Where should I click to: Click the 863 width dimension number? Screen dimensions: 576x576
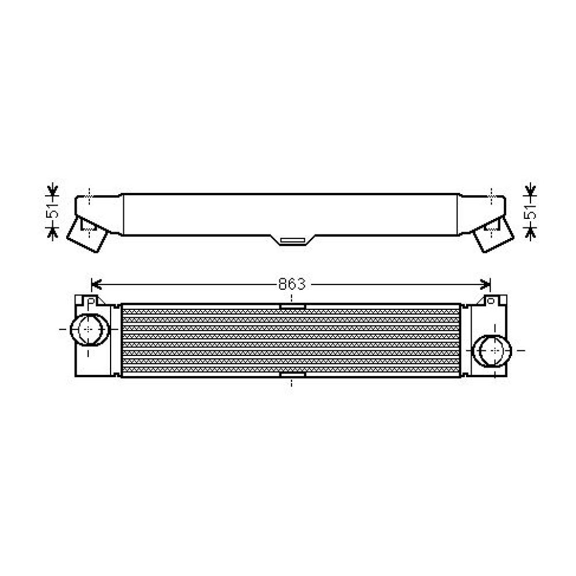click(x=291, y=284)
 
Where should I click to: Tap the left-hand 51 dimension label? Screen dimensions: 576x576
click(x=53, y=211)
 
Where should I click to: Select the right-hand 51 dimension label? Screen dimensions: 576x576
click(x=530, y=211)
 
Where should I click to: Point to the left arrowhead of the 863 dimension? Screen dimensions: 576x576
click(x=96, y=284)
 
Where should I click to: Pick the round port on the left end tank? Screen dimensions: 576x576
click(x=87, y=329)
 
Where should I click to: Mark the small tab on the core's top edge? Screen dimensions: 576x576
click(x=292, y=306)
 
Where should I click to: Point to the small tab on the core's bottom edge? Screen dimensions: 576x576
click(x=292, y=375)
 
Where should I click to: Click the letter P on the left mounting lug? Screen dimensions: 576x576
click(x=90, y=300)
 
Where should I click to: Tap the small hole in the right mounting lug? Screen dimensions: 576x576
click(x=491, y=300)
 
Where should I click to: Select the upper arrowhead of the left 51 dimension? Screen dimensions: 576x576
click(x=53, y=191)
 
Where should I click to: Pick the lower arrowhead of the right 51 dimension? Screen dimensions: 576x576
click(x=530, y=232)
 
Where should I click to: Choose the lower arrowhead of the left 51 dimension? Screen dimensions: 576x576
click(x=53, y=232)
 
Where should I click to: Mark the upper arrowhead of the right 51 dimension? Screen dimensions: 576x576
click(x=530, y=191)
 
